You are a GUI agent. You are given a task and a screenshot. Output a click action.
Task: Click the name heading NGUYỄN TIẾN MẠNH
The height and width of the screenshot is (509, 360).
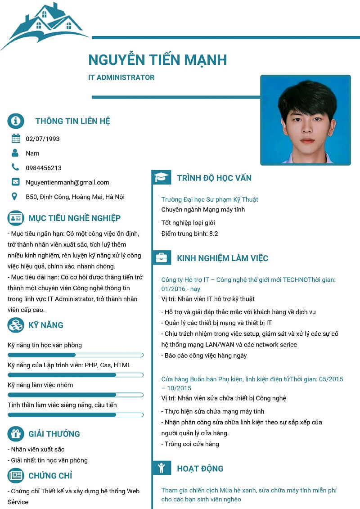pyautogui.click(x=157, y=59)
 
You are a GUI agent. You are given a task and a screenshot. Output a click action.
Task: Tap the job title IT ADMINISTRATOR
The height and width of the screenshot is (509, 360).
pyautogui.click(x=121, y=77)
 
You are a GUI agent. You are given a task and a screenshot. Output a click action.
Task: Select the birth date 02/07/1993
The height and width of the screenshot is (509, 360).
pyautogui.click(x=43, y=139)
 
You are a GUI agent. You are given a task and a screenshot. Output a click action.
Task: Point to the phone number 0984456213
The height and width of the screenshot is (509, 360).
pyautogui.click(x=44, y=168)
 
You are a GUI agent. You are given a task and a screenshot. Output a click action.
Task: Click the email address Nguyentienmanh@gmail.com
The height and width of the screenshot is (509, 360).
pyautogui.click(x=67, y=182)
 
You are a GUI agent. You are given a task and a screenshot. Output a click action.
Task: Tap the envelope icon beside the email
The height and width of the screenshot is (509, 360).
pyautogui.click(x=16, y=182)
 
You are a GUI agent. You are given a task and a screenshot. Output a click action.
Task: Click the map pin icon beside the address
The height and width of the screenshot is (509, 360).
pyautogui.click(x=15, y=197)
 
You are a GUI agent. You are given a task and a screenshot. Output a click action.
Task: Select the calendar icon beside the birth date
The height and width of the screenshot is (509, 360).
pyautogui.click(x=16, y=139)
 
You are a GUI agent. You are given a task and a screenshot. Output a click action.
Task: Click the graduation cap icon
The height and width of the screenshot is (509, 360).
pyautogui.click(x=161, y=177)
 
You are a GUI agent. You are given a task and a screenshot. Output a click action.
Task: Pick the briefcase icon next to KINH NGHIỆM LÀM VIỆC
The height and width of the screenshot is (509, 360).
pyautogui.click(x=161, y=258)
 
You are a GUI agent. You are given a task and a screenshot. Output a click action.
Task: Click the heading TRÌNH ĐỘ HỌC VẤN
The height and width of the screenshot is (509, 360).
pyautogui.click(x=214, y=178)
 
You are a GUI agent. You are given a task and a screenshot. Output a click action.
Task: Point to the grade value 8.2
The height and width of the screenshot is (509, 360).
pyautogui.click(x=214, y=234)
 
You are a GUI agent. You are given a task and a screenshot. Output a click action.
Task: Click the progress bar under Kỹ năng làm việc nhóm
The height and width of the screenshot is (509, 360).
pyautogui.click(x=76, y=395)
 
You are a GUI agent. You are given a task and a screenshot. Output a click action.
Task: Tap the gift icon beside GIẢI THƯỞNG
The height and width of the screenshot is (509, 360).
pyautogui.click(x=16, y=434)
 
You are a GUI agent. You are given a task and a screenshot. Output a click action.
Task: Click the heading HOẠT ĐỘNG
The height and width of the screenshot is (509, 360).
pyautogui.click(x=200, y=468)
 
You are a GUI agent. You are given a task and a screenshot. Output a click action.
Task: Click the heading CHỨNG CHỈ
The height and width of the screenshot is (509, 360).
pyautogui.click(x=50, y=476)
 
